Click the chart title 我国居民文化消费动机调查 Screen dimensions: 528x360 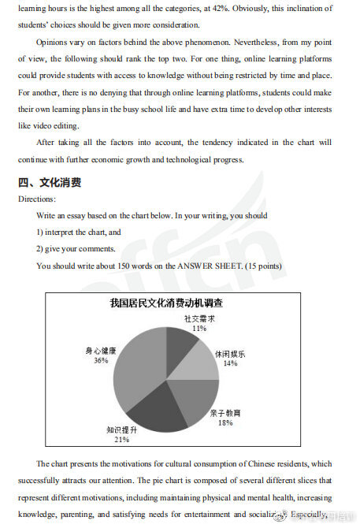[x=165, y=303]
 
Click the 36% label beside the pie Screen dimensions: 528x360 [x=101, y=360]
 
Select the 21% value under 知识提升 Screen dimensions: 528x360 [x=121, y=440]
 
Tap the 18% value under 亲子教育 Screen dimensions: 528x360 [x=225, y=422]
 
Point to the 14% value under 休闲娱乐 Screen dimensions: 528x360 [x=229, y=363]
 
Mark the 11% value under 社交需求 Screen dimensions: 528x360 [x=199, y=328]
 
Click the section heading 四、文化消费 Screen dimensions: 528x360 [x=50, y=183]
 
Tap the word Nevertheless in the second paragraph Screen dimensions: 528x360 [x=233, y=42]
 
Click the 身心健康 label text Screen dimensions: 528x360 [x=101, y=351]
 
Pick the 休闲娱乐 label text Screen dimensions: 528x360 [x=230, y=354]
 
